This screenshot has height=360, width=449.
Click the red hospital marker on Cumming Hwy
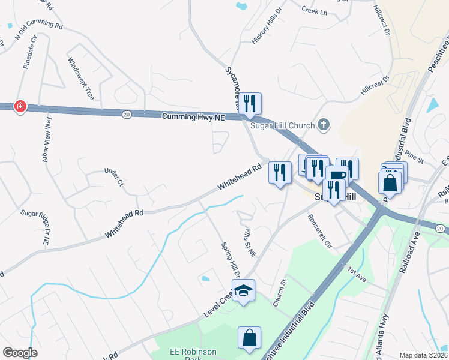[20, 106]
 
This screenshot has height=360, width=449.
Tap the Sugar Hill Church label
[281, 125]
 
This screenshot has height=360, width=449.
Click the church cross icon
[324, 125]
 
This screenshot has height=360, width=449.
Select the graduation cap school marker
[243, 290]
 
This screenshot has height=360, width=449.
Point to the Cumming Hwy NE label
[193, 118]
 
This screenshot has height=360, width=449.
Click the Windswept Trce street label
[81, 79]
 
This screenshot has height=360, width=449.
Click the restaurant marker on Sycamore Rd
[250, 104]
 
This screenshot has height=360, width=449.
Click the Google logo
[20, 353]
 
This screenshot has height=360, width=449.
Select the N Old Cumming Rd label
[38, 31]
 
